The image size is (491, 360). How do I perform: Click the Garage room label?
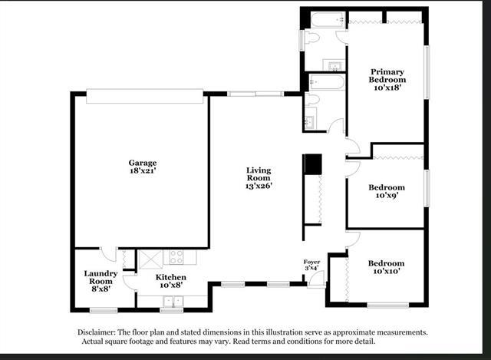pos(143,163)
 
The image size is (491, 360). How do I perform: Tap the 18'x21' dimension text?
pos(143,170)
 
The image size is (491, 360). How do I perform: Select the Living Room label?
pos(259,174)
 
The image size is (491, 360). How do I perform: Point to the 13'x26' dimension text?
pos(259,186)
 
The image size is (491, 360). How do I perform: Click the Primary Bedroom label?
pos(387,75)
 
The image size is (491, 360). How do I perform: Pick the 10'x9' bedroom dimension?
pos(387,195)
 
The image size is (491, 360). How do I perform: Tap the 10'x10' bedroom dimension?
pos(387,271)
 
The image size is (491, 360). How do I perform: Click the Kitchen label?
pos(171,277)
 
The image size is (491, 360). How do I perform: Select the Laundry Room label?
pos(101,277)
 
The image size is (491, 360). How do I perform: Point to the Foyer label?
pos(311,262)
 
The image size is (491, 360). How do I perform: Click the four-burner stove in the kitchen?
pos(176,256)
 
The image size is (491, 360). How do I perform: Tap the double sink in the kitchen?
pos(173,302)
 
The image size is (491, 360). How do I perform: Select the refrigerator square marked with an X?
pos(150,259)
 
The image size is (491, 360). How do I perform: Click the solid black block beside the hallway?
pos(314,163)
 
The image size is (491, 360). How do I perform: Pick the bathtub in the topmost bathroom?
pos(328,20)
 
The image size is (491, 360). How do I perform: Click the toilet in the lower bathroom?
pos(312,99)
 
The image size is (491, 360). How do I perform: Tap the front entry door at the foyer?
pos(316,279)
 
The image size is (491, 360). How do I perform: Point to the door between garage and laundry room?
pos(108,254)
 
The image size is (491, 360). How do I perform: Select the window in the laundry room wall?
pos(104,310)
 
